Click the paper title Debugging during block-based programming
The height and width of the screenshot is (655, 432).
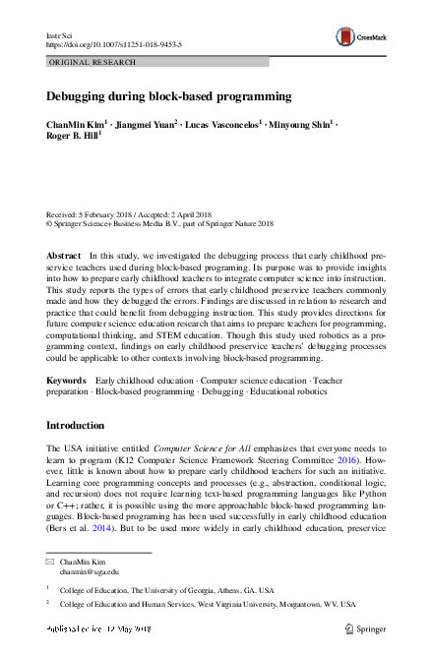click(168, 96)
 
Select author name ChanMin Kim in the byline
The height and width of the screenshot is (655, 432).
click(77, 125)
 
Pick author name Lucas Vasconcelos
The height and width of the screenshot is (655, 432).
click(221, 125)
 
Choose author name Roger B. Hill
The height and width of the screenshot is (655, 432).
click(72, 139)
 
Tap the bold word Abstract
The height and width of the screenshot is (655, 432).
click(64, 255)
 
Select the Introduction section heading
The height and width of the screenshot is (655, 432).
click(85, 426)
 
